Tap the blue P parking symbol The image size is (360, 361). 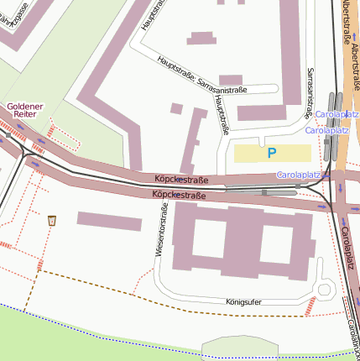(270, 154)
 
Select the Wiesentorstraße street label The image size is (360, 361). (156, 231)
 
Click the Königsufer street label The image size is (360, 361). (245, 300)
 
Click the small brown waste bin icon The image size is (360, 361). (53, 220)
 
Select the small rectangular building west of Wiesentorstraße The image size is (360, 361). (109, 221)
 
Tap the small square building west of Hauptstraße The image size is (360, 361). (176, 108)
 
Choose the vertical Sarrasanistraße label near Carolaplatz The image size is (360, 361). (311, 88)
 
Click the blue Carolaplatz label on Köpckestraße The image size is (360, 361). (300, 175)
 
